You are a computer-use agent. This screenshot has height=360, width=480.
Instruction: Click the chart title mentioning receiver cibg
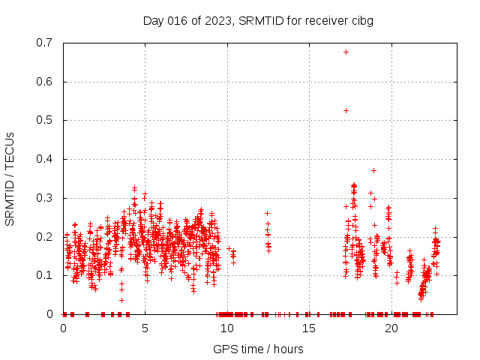[258, 20]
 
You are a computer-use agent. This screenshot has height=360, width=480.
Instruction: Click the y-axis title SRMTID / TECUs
[10, 178]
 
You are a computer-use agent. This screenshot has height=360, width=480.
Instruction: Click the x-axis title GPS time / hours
[258, 349]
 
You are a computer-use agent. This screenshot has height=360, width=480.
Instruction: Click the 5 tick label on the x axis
[145, 328]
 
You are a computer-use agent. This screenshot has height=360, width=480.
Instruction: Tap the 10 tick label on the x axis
[226, 328]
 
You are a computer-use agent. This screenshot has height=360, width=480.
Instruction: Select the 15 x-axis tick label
[308, 328]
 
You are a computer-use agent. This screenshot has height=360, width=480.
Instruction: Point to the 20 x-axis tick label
[390, 328]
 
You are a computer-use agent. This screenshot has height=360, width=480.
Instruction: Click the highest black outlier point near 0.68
[346, 52]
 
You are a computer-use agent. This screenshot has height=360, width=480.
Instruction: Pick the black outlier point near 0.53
[346, 110]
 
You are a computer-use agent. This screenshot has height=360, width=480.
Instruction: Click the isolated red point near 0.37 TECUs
[373, 170]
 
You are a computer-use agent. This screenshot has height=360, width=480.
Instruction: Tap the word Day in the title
[153, 20]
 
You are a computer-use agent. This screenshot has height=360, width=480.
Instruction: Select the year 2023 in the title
[217, 20]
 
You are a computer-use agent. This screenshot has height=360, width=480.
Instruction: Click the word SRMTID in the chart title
[259, 20]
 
